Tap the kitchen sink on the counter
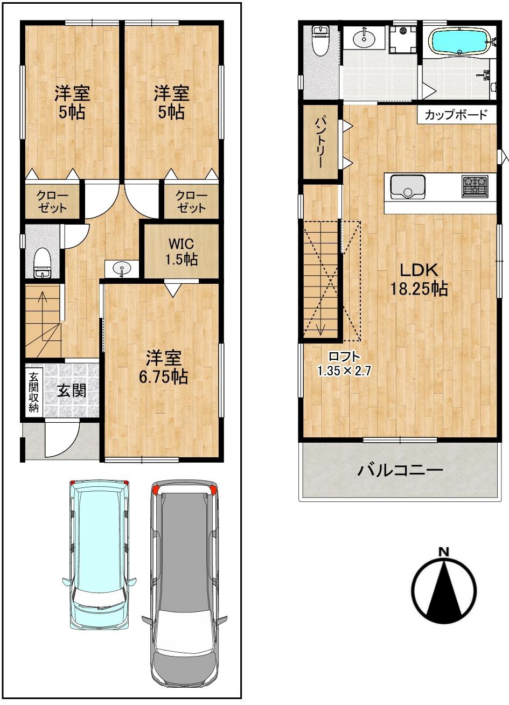point(408,187)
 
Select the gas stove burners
point(475,186)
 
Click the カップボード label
point(456,115)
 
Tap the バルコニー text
point(400,471)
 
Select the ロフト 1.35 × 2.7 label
point(344,364)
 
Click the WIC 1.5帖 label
point(182,252)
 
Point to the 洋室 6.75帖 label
point(163,367)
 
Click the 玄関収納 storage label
point(33,392)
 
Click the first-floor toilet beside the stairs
point(42,262)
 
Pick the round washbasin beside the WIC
point(122,269)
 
